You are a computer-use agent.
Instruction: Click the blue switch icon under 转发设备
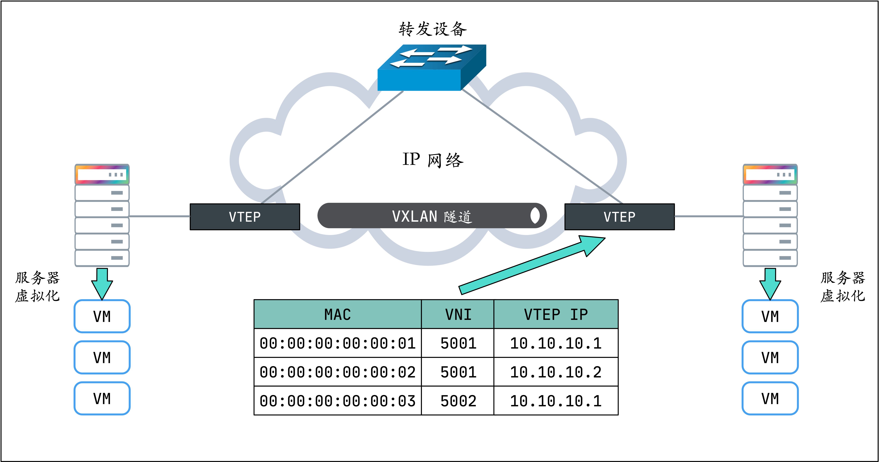(x=432, y=68)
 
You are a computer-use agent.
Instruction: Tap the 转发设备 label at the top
(x=432, y=29)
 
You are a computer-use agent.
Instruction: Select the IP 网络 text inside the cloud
(x=433, y=160)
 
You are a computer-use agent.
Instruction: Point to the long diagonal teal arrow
(x=532, y=264)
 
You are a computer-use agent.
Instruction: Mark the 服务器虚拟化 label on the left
(x=38, y=287)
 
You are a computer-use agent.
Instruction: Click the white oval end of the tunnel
(x=535, y=216)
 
